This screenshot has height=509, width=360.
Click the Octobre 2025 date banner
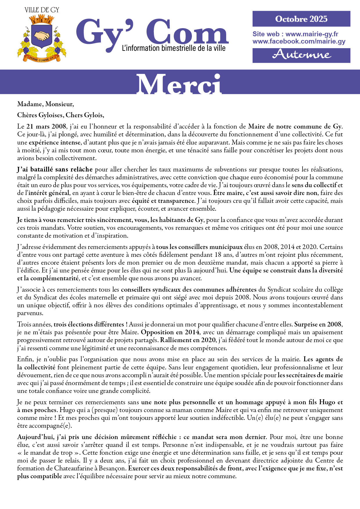tap(301, 19)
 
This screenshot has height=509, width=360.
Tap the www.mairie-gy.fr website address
tap(312, 34)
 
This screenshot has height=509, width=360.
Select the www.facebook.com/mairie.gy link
tap(299, 41)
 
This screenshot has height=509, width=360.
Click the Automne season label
tap(301, 55)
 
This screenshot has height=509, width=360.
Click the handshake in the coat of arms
tap(42, 35)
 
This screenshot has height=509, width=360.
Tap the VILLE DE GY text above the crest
tap(42, 10)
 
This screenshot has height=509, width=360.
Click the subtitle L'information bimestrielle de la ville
tap(174, 48)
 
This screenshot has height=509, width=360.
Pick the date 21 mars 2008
tap(46, 127)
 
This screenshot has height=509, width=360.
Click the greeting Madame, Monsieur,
tap(46, 104)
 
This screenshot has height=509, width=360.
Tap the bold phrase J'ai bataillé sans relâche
tap(55, 169)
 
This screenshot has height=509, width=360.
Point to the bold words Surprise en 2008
tap(318, 324)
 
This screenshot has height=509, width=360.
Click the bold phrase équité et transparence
tap(163, 201)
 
